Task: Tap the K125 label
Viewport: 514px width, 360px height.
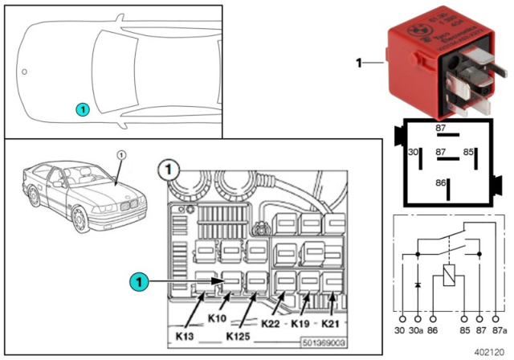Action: tap(240, 334)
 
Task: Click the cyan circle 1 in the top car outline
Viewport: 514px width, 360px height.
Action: tap(82, 107)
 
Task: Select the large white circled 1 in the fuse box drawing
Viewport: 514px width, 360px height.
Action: tap(168, 170)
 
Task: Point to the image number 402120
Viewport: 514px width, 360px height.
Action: tap(489, 351)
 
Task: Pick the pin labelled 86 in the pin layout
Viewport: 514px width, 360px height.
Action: tap(440, 183)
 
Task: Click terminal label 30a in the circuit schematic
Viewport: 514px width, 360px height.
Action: tap(417, 330)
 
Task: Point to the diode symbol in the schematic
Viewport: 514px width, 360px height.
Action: tap(418, 285)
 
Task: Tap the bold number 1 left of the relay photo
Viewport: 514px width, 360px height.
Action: tap(360, 61)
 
